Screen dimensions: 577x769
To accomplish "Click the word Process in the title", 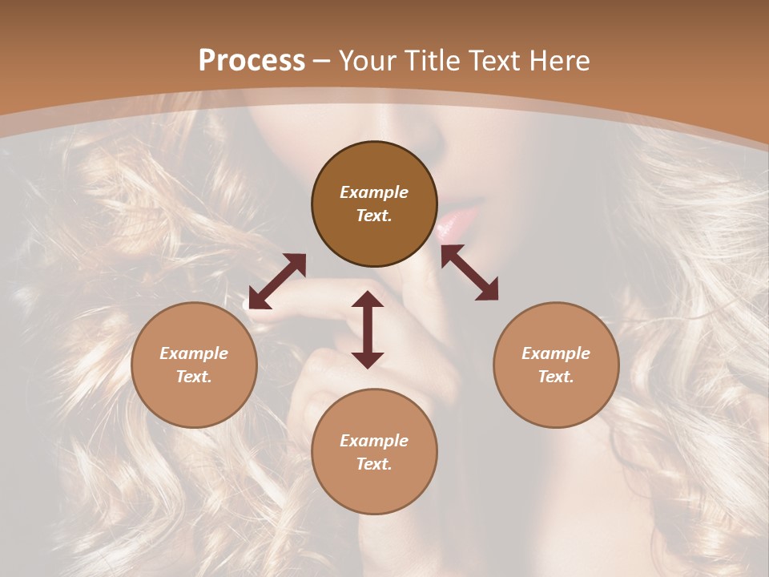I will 252,61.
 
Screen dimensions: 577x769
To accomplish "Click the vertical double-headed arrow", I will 368,329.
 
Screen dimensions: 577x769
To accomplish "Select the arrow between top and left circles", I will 277,281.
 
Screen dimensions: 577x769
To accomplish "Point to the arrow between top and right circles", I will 469,272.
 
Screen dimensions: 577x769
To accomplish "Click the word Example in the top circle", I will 374,192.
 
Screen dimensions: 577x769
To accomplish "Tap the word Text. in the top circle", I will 374,216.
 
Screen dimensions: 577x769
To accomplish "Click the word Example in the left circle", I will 194,353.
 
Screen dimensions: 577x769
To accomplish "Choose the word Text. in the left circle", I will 194,377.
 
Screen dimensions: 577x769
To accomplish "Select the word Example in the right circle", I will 555,353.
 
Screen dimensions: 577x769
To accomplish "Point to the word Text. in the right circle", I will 555,377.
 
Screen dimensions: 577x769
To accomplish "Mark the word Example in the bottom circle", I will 374,441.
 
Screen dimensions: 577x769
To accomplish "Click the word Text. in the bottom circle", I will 374,464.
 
